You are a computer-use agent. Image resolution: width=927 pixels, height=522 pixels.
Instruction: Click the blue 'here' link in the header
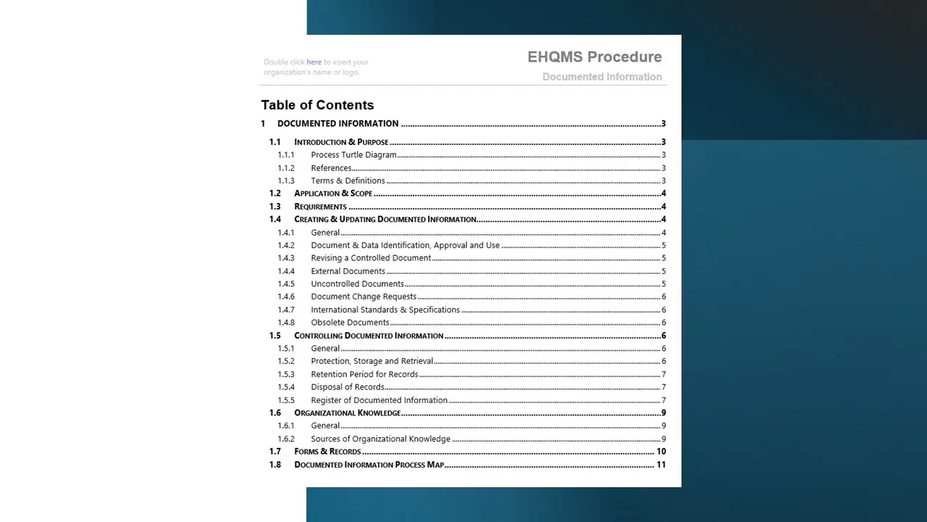pyautogui.click(x=314, y=62)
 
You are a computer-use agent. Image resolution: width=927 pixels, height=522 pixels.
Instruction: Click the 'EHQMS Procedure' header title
pyautogui.click(x=594, y=57)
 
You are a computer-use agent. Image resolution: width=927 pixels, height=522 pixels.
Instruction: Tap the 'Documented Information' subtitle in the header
pyautogui.click(x=602, y=77)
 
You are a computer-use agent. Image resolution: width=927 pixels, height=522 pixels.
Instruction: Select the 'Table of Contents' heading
pyautogui.click(x=317, y=105)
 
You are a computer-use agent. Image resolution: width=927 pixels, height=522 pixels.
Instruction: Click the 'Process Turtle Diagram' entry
pyautogui.click(x=353, y=155)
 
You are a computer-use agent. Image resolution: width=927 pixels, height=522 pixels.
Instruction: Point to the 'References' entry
pyautogui.click(x=331, y=168)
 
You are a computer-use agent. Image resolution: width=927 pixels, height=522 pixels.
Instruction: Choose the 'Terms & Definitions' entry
pyautogui.click(x=348, y=181)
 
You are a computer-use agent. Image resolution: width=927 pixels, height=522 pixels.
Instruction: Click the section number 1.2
pyautogui.click(x=275, y=194)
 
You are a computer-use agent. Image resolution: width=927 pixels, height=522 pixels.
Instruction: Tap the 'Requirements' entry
pyautogui.click(x=320, y=207)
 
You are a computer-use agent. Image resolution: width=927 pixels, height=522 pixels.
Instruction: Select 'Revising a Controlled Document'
pyautogui.click(x=371, y=258)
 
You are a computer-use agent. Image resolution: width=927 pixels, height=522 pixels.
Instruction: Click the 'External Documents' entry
pyautogui.click(x=348, y=271)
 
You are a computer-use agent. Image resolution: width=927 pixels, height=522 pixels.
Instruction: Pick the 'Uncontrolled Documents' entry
pyautogui.click(x=357, y=284)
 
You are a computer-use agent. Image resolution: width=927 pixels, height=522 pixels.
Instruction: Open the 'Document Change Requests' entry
pyautogui.click(x=364, y=297)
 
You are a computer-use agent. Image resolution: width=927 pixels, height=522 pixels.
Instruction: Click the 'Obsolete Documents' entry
pyautogui.click(x=350, y=323)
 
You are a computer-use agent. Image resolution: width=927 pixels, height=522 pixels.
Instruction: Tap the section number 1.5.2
pyautogui.click(x=286, y=361)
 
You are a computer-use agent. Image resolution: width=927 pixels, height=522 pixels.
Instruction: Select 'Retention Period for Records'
pyautogui.click(x=364, y=375)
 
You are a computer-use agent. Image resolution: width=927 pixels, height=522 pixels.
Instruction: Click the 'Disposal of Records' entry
pyautogui.click(x=348, y=387)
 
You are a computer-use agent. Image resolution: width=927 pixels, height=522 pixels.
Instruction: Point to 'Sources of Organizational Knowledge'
pyautogui.click(x=380, y=439)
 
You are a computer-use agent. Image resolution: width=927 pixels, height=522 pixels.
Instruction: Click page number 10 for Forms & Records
pyautogui.click(x=660, y=452)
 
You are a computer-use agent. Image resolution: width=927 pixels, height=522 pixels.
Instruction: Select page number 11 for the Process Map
pyautogui.click(x=660, y=465)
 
